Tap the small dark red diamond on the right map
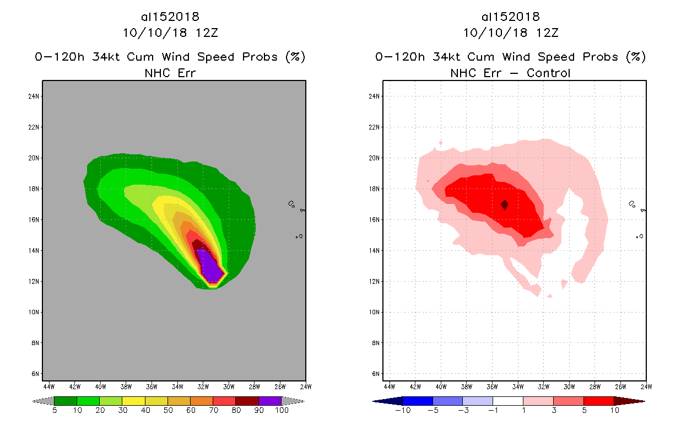(x=504, y=205)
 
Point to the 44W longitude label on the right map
(x=389, y=386)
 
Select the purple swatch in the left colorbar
(x=270, y=401)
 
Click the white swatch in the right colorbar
(x=507, y=401)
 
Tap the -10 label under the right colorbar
(x=402, y=411)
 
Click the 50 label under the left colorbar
(x=167, y=411)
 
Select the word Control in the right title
(x=549, y=73)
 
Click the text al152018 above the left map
(x=170, y=17)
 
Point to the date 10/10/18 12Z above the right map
(x=511, y=33)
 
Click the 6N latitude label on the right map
(x=375, y=374)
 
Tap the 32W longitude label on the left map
(x=203, y=386)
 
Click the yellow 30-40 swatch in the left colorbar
(x=133, y=401)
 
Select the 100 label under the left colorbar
(x=282, y=411)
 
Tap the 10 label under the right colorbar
(x=613, y=411)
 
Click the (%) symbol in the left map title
(x=295, y=57)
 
